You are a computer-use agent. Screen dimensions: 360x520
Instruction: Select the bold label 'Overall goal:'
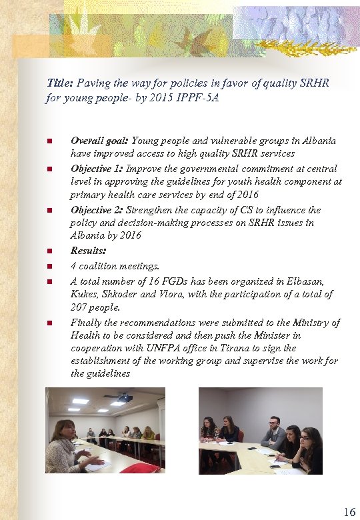(100, 141)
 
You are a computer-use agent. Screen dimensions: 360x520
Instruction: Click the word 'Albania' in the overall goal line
(318, 141)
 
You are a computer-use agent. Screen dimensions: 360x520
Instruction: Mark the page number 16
(349, 512)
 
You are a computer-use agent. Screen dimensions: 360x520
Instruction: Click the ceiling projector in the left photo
(125, 398)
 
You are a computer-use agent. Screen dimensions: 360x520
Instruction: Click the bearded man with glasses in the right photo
(274, 433)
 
